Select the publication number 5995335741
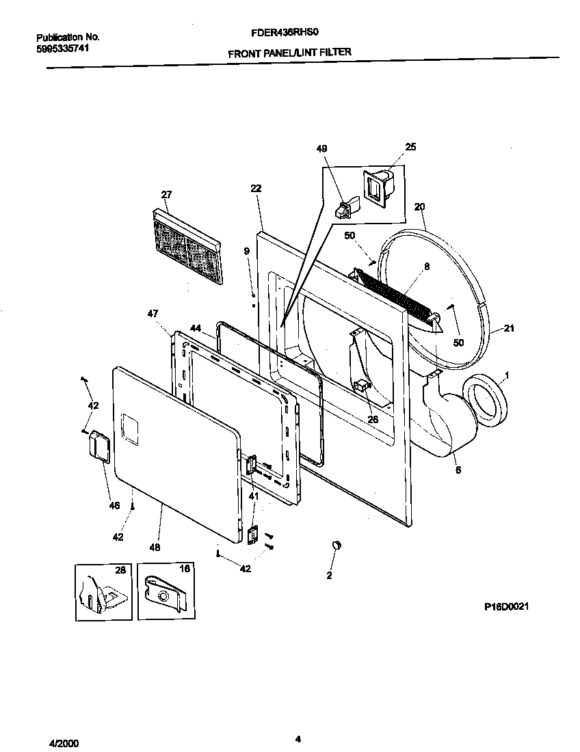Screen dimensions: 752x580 (x=62, y=49)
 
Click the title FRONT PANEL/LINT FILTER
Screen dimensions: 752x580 (x=289, y=52)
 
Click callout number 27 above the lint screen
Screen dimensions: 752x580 (x=166, y=195)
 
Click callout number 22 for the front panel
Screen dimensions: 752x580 (x=256, y=189)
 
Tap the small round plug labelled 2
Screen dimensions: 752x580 (x=336, y=544)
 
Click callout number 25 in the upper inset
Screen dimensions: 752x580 (x=410, y=147)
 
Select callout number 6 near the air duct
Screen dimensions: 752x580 (x=457, y=471)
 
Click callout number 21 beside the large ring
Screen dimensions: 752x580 (x=508, y=330)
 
